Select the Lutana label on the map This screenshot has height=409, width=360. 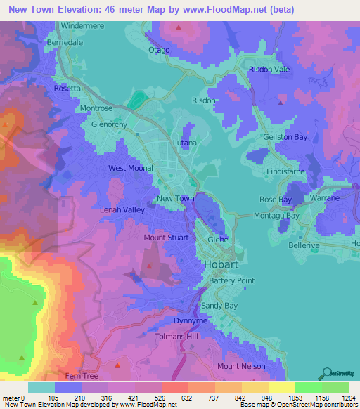[x=185, y=143]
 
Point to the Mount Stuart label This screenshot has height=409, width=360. [x=165, y=238]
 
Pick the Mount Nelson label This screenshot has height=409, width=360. [x=241, y=366]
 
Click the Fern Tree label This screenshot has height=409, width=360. [x=79, y=377]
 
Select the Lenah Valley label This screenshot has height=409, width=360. [x=124, y=210]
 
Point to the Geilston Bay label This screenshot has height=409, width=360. [x=285, y=138]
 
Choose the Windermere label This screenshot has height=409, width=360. [x=83, y=25]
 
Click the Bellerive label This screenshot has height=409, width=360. [x=304, y=246]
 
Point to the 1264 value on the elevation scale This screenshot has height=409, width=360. [x=339, y=398]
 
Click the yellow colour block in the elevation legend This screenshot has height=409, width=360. [x=281, y=387]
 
